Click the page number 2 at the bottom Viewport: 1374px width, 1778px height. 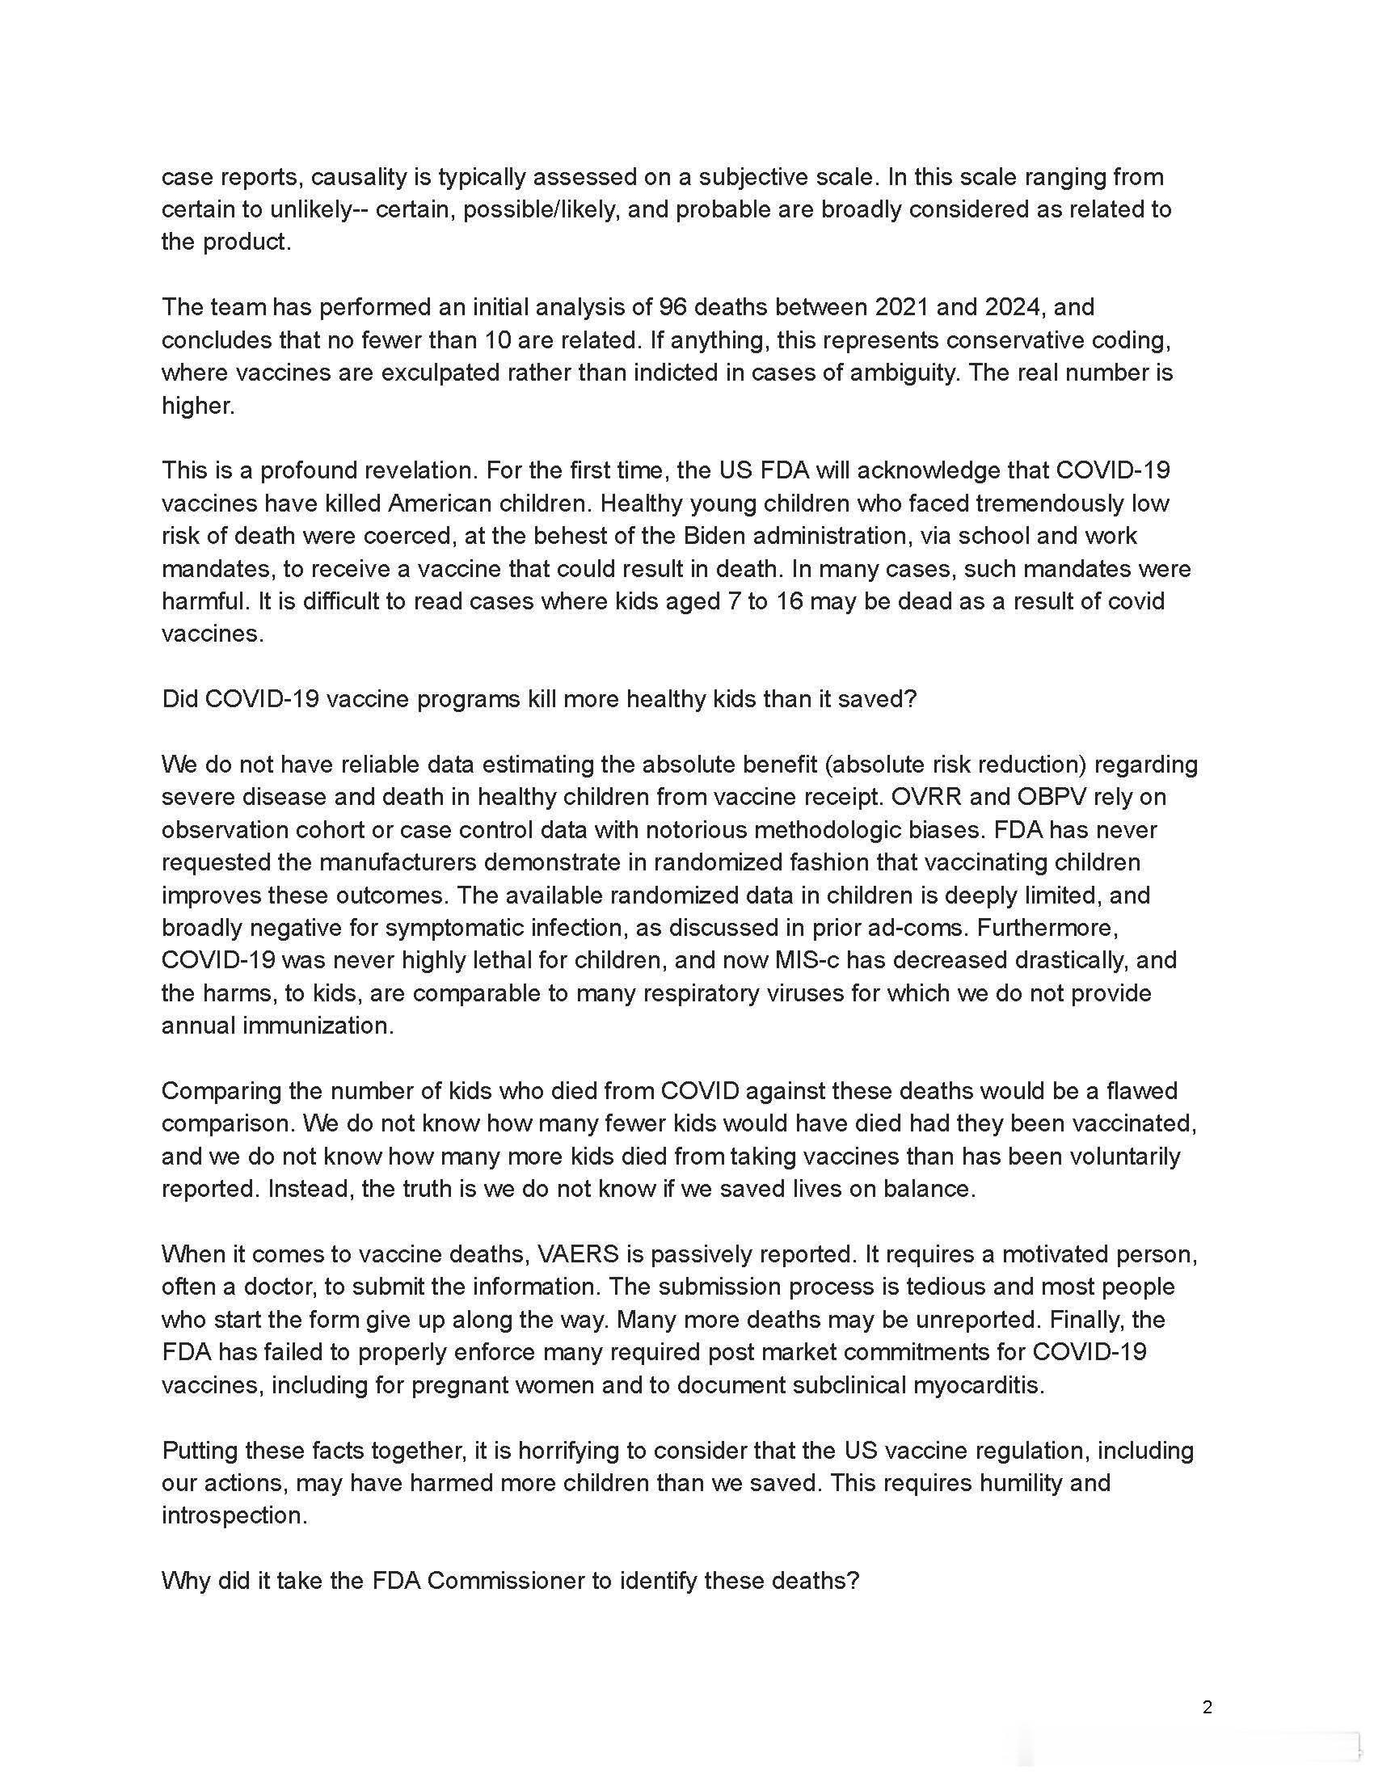(x=1208, y=1707)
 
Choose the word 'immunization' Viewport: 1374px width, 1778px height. (x=317, y=1025)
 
